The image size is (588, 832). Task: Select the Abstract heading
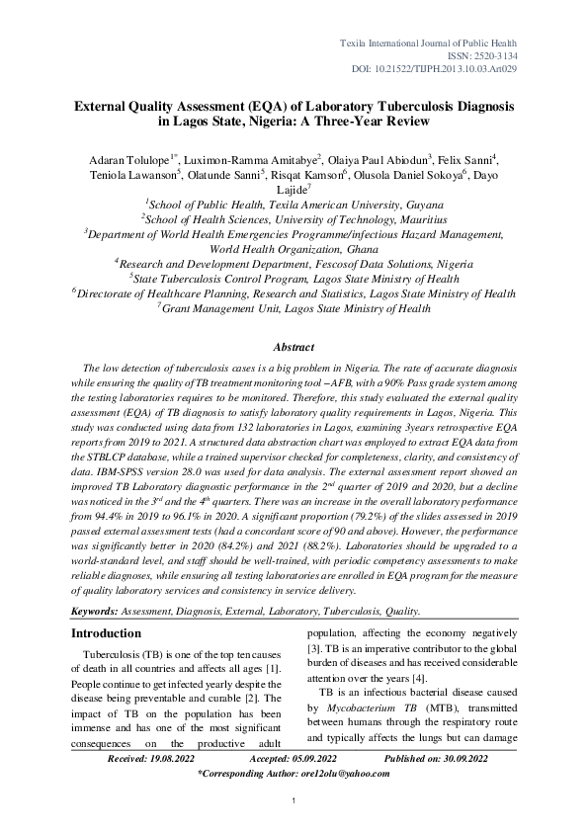[293, 347]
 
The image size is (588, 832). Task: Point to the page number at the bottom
[294, 812]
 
